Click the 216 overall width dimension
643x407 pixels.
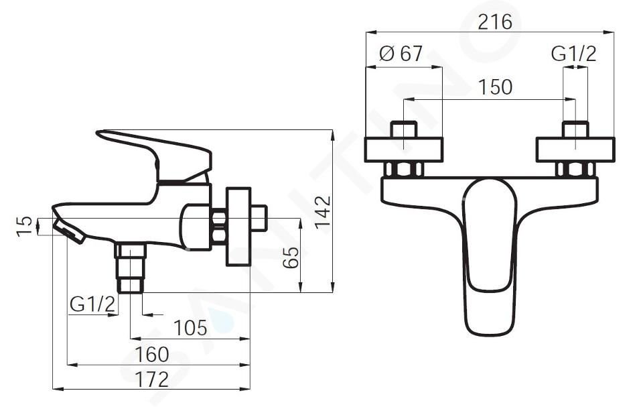point(495,21)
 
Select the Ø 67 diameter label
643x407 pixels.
point(401,54)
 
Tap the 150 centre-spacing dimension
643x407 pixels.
point(496,87)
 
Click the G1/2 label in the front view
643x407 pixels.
point(573,54)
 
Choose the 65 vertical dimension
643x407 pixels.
point(291,257)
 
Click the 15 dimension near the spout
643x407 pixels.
point(24,226)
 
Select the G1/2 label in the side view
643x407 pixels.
point(92,304)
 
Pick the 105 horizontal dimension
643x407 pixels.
point(190,328)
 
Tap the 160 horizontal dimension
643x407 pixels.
point(152,354)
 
